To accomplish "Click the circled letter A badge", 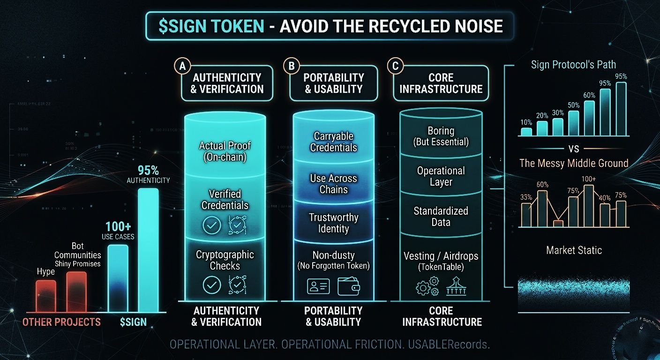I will (183, 66).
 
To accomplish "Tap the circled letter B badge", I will (291, 66).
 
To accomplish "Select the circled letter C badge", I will (395, 66).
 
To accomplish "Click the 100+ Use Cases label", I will (118, 230).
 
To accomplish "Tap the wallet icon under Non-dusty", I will (348, 286).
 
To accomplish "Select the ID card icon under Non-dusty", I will (318, 286).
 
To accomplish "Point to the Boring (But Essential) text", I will (441, 136).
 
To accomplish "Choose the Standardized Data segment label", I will (441, 217).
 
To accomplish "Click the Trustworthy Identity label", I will (333, 223).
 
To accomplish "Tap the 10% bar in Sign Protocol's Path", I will (526, 132).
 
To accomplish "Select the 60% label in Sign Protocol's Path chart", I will (589, 95).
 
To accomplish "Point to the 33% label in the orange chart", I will (526, 197).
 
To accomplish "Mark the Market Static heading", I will (574, 250).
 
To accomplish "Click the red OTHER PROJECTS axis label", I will (61, 322).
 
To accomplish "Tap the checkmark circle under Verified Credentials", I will (211, 225).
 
